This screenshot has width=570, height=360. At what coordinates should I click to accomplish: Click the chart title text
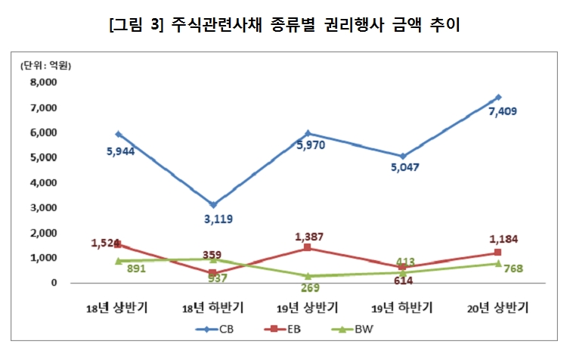(x=285, y=25)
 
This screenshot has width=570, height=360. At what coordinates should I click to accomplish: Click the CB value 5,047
(x=404, y=167)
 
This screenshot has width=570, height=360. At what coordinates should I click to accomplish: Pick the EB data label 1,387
(x=309, y=237)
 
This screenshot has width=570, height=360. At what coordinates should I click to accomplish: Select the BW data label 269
(x=309, y=287)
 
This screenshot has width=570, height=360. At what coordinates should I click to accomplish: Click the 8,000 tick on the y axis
(x=44, y=82)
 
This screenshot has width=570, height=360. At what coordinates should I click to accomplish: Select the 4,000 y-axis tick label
(x=44, y=182)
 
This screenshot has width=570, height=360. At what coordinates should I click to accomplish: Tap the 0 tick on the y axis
(x=54, y=283)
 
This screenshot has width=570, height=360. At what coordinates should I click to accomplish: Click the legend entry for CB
(x=218, y=329)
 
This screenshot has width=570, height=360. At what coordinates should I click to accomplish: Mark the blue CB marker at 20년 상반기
(x=498, y=97)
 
